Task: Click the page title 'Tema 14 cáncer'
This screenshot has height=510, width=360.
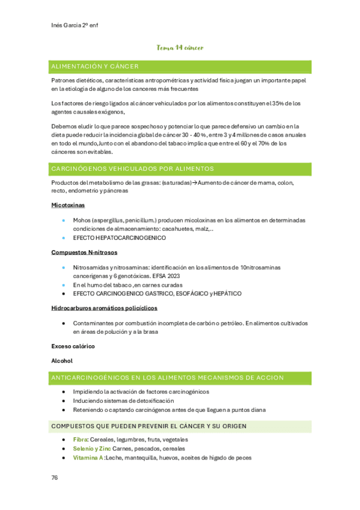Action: [x=180, y=48]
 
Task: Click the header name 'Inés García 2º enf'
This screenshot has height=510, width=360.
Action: [x=75, y=25]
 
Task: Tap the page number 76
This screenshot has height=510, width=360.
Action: [x=55, y=477]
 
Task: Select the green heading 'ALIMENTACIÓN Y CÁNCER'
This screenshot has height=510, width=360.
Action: [x=95, y=66]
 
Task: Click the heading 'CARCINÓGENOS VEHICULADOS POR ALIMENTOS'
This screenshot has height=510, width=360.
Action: [x=133, y=169]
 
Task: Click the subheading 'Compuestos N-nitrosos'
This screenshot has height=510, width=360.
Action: [x=84, y=252]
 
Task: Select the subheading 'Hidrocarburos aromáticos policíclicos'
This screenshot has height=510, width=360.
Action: [x=105, y=308]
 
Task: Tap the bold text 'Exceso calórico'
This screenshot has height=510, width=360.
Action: [x=73, y=346]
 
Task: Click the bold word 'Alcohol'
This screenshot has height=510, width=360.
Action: [x=62, y=361]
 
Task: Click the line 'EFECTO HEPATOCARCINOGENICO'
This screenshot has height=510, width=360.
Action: [x=119, y=238]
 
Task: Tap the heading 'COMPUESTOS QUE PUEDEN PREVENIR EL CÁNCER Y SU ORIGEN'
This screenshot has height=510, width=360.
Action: [x=149, y=426]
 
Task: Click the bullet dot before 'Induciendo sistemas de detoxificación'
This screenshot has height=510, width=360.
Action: [x=64, y=401]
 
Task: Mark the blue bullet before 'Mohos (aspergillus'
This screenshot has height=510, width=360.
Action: [x=64, y=220]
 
